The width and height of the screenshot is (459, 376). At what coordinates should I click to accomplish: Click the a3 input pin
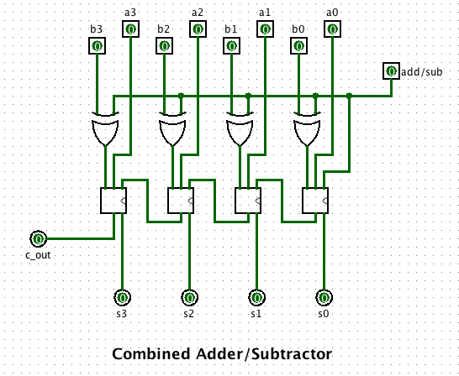point(130,29)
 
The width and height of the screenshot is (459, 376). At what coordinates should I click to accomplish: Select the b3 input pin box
point(98,46)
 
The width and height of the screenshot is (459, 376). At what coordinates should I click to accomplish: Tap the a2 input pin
point(198,29)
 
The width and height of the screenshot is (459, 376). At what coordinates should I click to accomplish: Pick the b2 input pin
point(165,46)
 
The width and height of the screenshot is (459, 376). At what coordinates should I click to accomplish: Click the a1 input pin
point(265,29)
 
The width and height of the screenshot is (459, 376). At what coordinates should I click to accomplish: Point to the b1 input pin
point(232,46)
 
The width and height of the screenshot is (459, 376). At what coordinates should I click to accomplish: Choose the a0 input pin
point(333,29)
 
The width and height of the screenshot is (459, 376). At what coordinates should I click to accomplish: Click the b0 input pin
point(299,46)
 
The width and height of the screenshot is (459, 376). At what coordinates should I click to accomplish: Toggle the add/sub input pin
point(392,71)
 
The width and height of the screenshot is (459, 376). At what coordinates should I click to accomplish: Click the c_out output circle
point(39,239)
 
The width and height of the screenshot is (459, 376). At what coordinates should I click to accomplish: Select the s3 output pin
point(123,298)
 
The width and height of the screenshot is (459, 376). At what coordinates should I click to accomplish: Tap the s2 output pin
point(190,298)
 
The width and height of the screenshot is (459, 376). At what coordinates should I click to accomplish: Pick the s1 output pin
point(257,298)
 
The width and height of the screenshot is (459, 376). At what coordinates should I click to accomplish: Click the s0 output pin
point(324,298)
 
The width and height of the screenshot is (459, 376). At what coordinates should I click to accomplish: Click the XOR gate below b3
point(105,129)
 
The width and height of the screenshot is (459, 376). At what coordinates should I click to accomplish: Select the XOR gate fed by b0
point(307,129)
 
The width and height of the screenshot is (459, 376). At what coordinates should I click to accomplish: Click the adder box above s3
point(113,201)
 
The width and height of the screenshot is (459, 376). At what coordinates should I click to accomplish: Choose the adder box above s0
point(315,201)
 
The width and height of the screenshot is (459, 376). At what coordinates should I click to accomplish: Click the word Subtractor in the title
point(292,354)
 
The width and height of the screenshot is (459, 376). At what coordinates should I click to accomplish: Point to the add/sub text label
point(421,72)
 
